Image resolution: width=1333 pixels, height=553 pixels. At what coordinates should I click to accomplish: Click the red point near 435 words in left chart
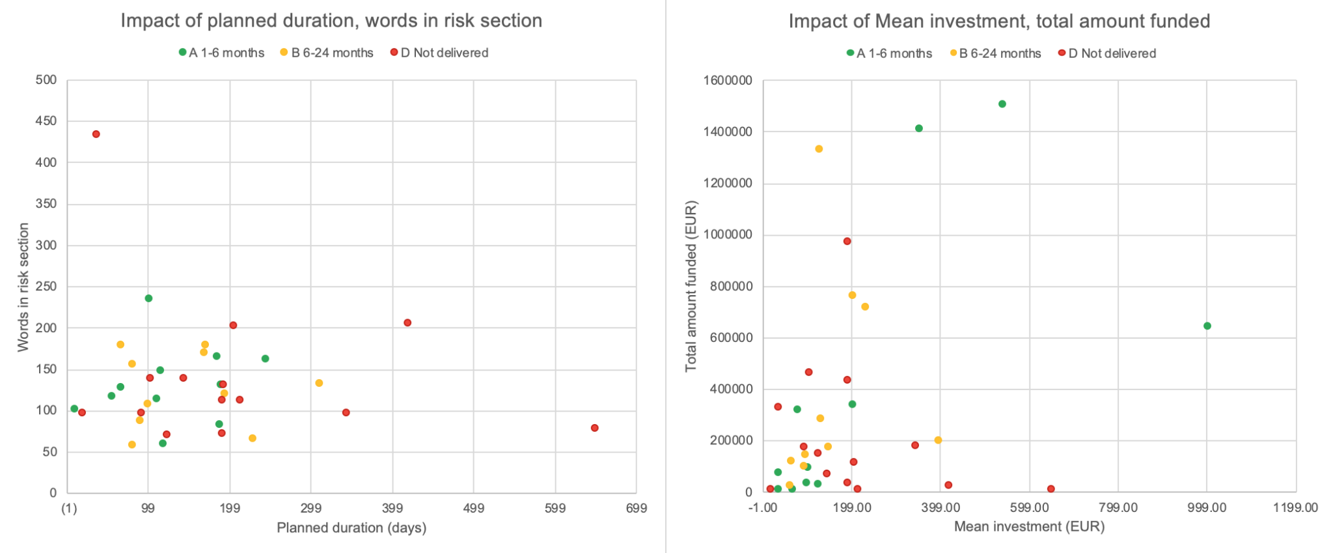coord(96,134)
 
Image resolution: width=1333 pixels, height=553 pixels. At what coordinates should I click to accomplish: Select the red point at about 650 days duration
coord(594,428)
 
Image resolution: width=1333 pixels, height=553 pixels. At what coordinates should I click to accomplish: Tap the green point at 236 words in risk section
coord(148,298)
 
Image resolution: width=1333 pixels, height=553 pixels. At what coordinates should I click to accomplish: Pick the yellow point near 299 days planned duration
coord(319,383)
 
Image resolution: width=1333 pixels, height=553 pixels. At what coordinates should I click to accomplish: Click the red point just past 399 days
coord(407,322)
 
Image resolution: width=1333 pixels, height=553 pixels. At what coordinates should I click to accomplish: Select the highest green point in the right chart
coord(1002,104)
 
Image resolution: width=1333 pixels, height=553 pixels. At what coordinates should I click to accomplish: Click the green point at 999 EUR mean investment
coord(1207,326)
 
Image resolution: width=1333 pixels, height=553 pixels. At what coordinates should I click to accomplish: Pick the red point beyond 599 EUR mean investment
coord(1051,489)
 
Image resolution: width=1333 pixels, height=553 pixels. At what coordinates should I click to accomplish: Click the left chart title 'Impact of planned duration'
coord(331,21)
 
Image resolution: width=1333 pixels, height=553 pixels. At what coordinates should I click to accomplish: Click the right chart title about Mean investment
coord(999,21)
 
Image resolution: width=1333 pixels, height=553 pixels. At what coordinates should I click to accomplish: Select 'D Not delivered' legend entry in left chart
coord(444,53)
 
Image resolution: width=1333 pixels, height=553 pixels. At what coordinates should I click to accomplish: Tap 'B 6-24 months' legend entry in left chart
coord(332,53)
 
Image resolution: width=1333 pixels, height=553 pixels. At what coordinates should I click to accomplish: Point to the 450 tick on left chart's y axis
coord(46,121)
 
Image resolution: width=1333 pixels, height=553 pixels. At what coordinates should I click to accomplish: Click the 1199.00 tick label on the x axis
coord(1295,507)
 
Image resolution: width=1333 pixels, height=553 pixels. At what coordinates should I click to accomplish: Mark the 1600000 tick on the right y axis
coord(728,81)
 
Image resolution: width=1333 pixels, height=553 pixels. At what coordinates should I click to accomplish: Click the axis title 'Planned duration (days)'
coord(351,528)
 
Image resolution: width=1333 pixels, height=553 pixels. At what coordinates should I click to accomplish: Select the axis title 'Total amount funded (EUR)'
coord(691,287)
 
